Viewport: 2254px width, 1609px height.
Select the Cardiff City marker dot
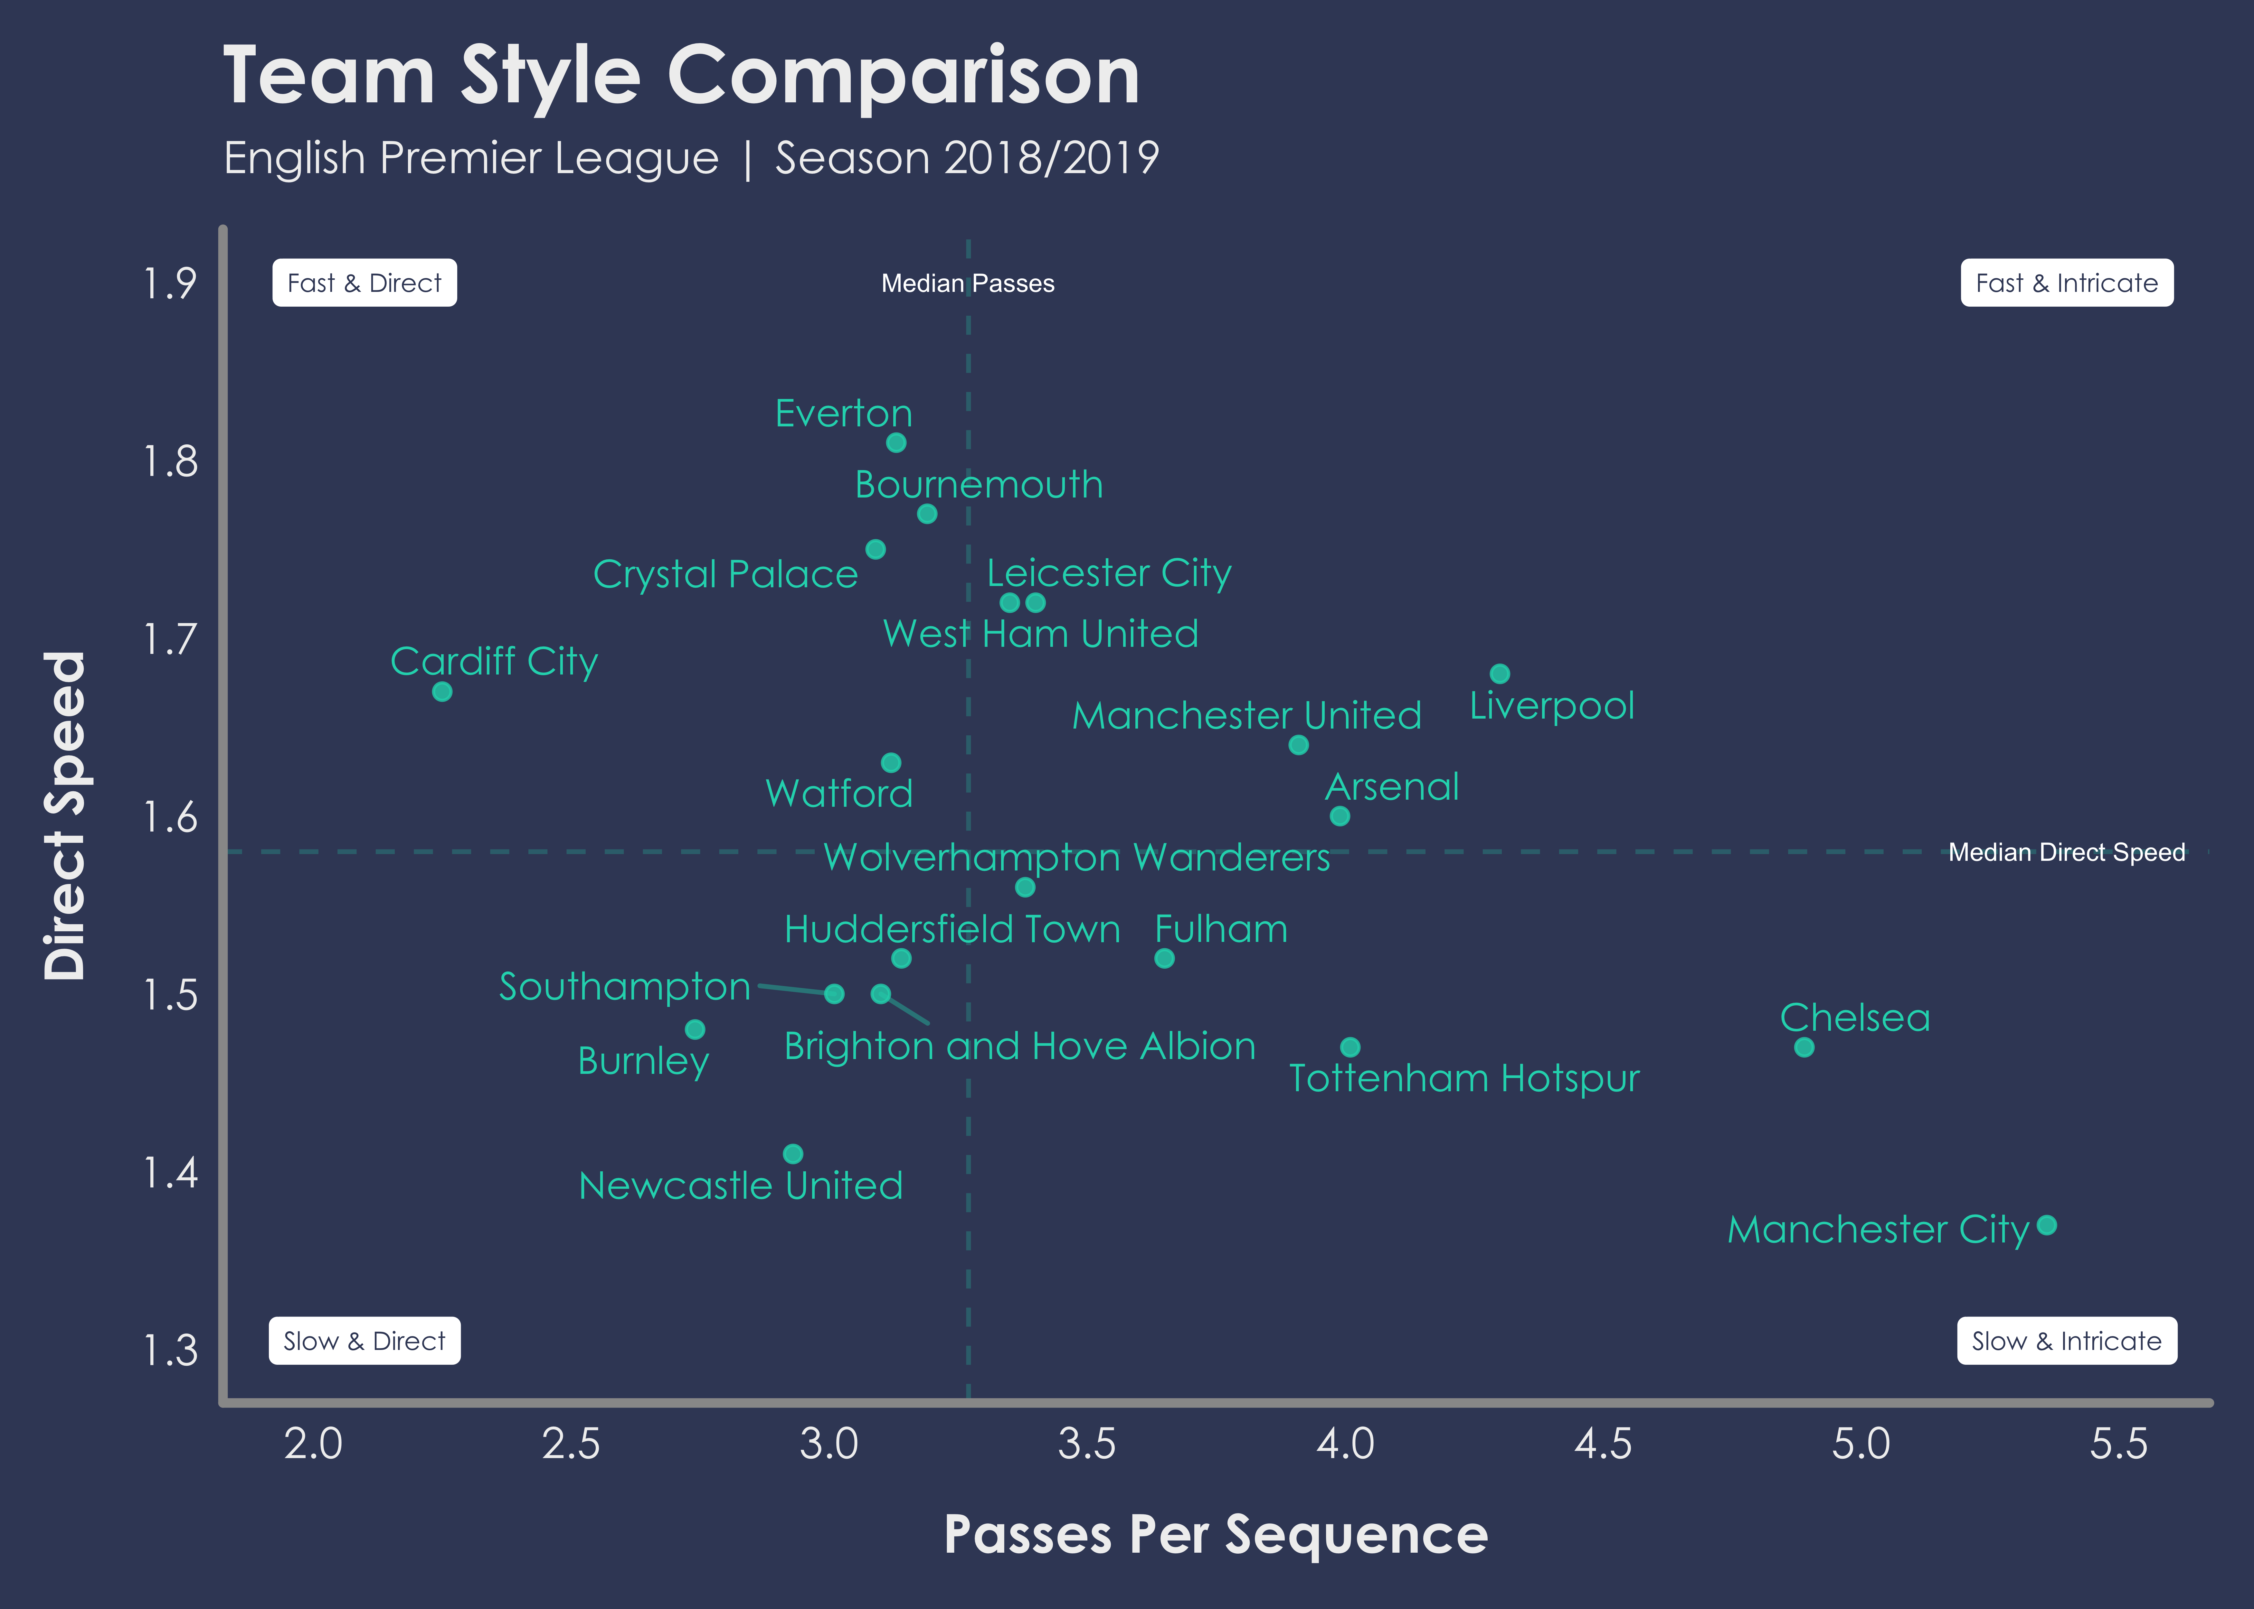tap(442, 692)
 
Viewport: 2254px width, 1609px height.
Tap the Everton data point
tap(896, 442)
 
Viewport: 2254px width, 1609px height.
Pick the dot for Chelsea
tap(1804, 1047)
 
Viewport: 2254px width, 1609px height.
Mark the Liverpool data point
tap(1500, 674)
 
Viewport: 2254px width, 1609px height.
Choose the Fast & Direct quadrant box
tap(365, 284)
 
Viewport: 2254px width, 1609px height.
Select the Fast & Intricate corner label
tap(2067, 284)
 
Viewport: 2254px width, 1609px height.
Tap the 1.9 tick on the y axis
tap(170, 284)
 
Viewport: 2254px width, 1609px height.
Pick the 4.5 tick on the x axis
tap(1603, 1445)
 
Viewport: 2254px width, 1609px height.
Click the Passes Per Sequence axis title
tap(1215, 1535)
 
